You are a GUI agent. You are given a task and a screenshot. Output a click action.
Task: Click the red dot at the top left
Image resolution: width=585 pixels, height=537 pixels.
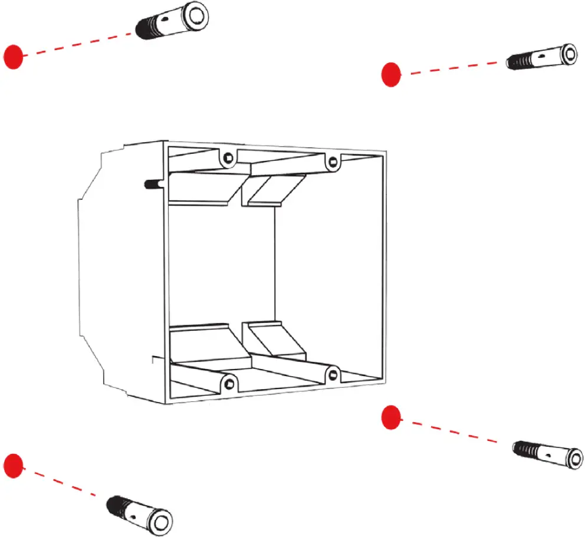tap(13, 56)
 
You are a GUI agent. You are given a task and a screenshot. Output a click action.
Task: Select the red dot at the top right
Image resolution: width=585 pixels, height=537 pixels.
tap(390, 74)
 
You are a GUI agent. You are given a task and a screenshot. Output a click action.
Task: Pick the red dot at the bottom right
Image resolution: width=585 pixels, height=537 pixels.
tap(390, 417)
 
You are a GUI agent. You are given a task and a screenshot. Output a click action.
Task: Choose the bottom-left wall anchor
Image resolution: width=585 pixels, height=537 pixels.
tap(139, 512)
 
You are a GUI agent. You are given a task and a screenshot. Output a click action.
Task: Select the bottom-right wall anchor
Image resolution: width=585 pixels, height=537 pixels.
tap(548, 454)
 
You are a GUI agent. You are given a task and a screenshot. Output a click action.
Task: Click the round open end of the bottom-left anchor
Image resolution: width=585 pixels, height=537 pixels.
tap(159, 521)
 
